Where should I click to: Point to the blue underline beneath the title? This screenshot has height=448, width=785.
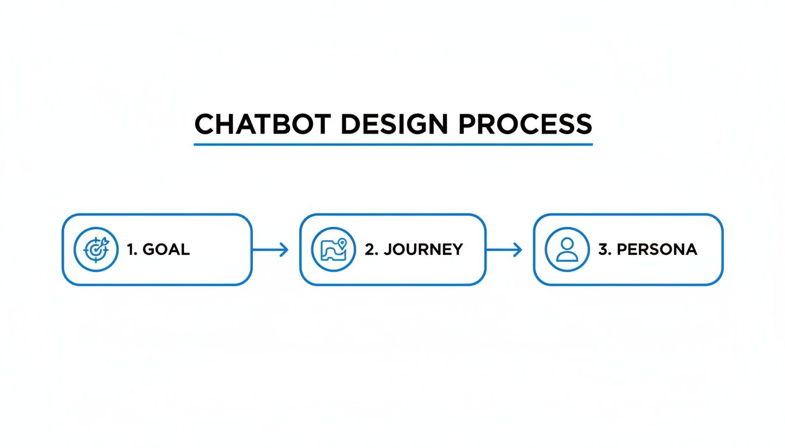(x=393, y=143)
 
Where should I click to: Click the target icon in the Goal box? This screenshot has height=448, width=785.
(x=95, y=250)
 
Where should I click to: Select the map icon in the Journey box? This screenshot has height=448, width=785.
(x=333, y=250)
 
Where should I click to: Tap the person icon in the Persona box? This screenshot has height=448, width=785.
(x=567, y=250)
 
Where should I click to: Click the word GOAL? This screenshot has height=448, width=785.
(x=166, y=250)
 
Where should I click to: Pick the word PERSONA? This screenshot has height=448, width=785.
(x=657, y=250)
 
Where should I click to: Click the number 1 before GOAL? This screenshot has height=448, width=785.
(x=130, y=250)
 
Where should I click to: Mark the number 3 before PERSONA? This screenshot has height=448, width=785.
(x=603, y=250)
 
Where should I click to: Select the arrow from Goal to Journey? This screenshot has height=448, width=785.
(x=270, y=250)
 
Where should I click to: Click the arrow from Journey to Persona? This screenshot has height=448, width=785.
(x=503, y=250)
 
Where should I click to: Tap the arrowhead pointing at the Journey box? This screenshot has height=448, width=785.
(x=284, y=250)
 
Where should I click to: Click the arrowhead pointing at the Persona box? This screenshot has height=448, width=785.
(x=518, y=250)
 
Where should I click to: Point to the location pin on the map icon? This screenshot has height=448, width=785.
(x=342, y=243)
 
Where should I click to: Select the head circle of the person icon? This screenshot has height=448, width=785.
(x=567, y=244)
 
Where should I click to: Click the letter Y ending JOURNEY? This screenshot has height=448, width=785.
(x=457, y=250)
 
